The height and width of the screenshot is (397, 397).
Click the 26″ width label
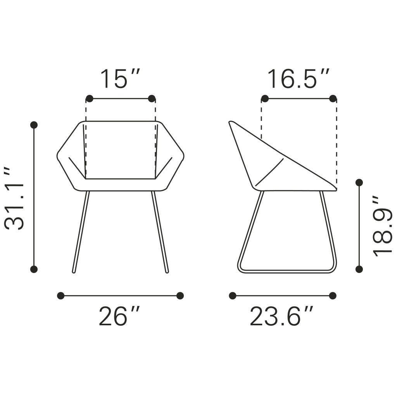coord(119,316)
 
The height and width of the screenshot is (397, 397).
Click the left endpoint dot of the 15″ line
coord(89,98)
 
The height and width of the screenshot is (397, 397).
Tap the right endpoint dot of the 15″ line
coord(152,98)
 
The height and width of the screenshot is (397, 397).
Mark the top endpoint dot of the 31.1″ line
coord(34,125)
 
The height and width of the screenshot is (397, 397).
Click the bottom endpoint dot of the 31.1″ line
coord(34,269)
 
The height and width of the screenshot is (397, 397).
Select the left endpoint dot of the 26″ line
coord(60,296)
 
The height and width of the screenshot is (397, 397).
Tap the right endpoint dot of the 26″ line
coord(180,296)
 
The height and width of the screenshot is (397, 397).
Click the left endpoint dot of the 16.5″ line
coord(265,98)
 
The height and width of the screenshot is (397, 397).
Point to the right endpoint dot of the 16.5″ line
coord(333,98)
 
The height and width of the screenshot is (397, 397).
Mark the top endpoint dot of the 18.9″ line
coord(359,182)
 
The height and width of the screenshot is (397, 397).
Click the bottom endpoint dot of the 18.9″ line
coord(359,269)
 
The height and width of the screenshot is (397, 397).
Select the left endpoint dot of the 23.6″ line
coord(233,296)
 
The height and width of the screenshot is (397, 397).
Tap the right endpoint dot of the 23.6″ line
coord(333,296)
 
